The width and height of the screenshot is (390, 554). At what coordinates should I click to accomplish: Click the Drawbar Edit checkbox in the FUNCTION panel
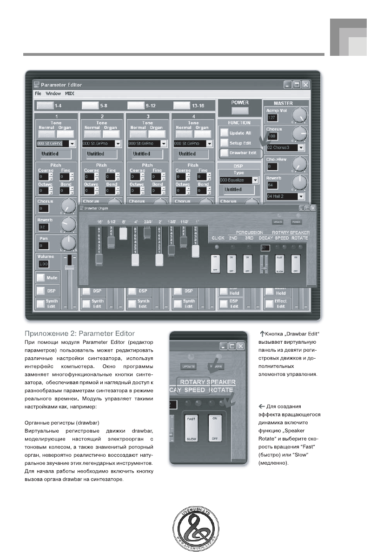tap(225, 153)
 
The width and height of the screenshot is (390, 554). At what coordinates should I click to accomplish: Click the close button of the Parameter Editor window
tap(305, 85)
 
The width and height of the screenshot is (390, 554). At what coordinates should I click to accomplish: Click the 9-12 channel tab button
tap(135, 106)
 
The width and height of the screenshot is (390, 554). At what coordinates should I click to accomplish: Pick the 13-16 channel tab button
tap(181, 106)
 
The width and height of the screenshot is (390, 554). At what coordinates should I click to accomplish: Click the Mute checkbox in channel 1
tap(41, 278)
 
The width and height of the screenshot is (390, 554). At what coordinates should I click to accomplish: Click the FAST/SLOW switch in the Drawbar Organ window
tap(279, 264)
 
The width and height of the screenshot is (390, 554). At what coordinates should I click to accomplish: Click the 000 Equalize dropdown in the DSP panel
tap(238, 180)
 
